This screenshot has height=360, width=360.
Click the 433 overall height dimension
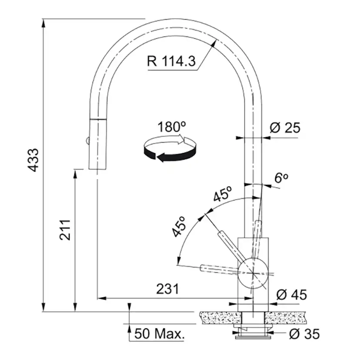click(33, 160)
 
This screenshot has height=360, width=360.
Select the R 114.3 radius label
click(171, 61)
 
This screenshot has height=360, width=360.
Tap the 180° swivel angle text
click(171, 127)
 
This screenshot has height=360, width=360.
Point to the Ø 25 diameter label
click(285, 128)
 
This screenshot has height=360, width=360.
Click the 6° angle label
click(281, 177)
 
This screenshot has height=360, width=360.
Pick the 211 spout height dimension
click(65, 230)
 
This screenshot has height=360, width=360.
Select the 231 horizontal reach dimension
click(167, 289)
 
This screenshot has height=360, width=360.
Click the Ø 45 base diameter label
click(292, 295)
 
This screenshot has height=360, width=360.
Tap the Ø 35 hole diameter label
click(304, 334)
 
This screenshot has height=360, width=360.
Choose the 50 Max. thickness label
click(160, 333)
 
